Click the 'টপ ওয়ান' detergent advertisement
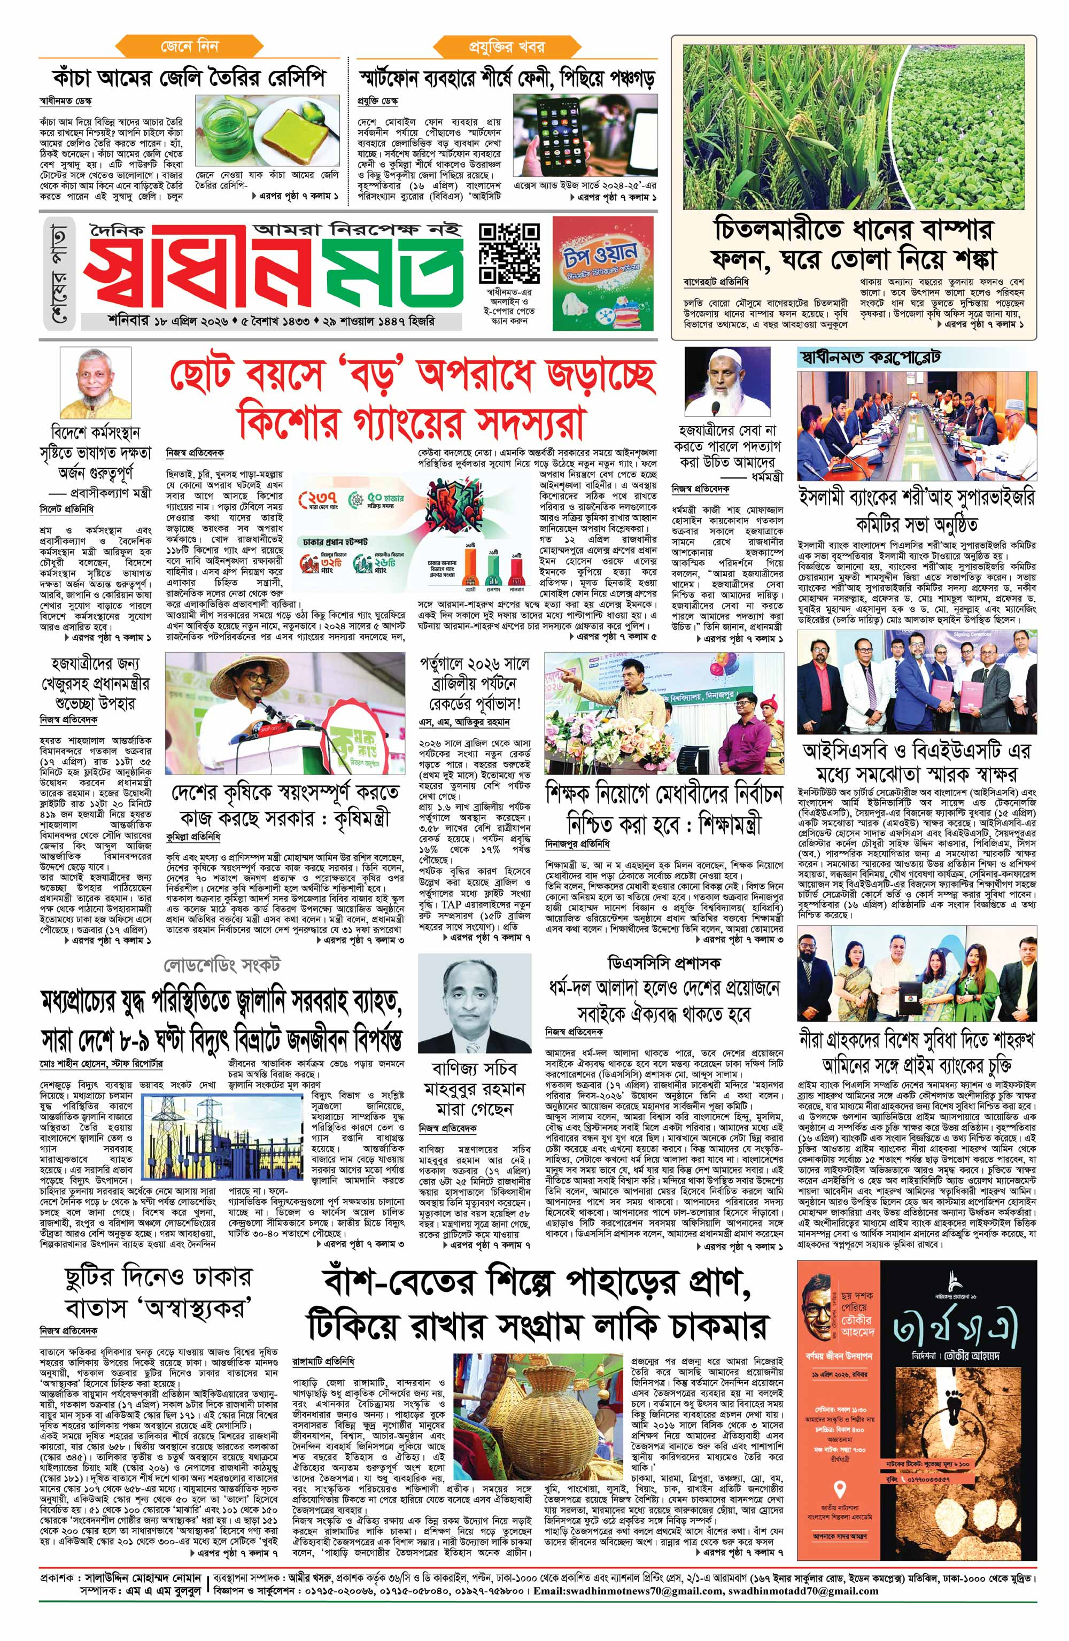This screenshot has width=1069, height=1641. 601,274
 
